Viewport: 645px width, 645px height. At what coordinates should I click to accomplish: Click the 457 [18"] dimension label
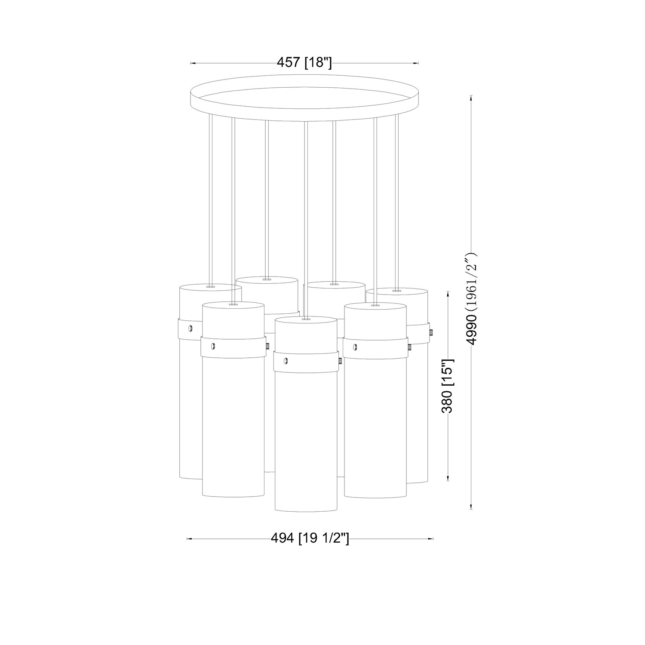(x=304, y=63)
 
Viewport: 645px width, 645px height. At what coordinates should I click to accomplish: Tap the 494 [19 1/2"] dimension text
(x=310, y=538)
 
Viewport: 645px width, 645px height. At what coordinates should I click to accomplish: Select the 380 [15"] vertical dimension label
(x=448, y=386)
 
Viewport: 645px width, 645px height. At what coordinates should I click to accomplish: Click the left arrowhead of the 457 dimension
(x=193, y=63)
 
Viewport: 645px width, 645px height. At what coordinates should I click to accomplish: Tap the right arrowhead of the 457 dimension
(x=416, y=63)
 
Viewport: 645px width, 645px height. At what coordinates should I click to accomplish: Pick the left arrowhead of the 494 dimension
(x=190, y=538)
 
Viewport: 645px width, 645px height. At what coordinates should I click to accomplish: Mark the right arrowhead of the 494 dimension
(x=430, y=538)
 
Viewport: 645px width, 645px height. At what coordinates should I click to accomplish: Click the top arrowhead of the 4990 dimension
(x=472, y=98)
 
